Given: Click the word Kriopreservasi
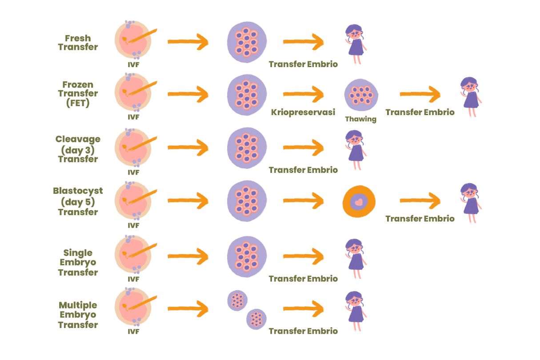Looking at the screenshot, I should coord(303,112).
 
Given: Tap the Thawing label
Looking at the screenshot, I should coord(360,119).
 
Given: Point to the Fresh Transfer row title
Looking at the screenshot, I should coord(78,42).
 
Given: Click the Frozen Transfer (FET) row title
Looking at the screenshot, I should coord(78,93).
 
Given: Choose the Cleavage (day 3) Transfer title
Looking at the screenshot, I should coord(78,148).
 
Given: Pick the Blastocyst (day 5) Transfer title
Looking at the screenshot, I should coord(78,201).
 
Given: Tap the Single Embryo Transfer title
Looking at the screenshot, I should coord(78,262).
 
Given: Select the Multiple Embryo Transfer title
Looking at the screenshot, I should coord(78,315).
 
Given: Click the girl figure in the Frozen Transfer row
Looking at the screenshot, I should coord(470,96).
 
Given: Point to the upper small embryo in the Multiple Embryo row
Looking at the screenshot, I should coord(237,300).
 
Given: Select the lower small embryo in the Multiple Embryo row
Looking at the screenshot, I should coord(256,319).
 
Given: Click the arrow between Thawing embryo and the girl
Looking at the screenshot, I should coord(419,95).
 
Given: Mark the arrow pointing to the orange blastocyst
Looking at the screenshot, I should coord(303,201).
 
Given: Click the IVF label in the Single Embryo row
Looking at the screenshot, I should coord(133,279).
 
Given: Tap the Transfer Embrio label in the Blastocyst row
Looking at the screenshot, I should coord(420,219).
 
